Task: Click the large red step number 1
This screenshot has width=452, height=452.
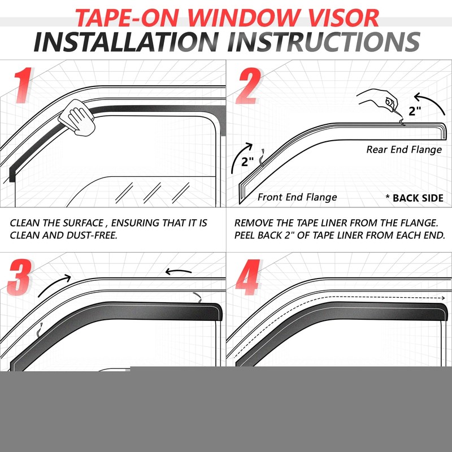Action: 23,86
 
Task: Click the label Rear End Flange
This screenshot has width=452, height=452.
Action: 404,150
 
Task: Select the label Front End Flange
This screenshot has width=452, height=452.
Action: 297,197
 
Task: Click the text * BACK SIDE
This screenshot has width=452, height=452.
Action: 414,198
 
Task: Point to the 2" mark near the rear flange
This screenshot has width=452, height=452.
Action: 415,111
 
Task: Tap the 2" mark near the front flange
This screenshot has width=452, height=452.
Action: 248,162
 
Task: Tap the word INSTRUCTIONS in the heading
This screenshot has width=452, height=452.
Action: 327,42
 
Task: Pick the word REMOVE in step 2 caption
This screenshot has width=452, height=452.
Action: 254,223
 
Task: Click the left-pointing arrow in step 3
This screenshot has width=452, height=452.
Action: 179,272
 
